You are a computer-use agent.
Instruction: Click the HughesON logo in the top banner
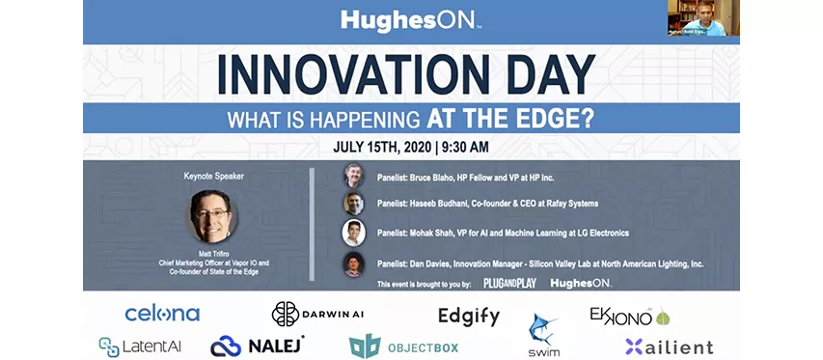411,19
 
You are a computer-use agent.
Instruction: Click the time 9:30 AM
464,148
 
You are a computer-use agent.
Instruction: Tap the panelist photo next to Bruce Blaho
353,176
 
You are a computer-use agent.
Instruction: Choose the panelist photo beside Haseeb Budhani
353,204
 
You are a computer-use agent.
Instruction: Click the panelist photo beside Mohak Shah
353,233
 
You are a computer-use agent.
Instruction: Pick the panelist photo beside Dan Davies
353,263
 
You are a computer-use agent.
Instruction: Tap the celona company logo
162,314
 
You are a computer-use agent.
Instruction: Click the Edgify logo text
468,317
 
